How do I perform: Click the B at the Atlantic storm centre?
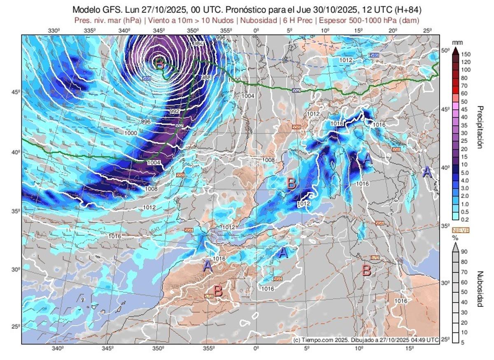coord(160,63)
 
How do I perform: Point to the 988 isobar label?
coord(206,77)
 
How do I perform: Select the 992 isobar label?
coord(175,111)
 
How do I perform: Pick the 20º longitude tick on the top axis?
coord(392,30)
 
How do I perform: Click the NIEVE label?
coord(461,231)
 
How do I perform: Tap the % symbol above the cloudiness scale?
coord(455,238)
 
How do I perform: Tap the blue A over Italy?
coord(368,158)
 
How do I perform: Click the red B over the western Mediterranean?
coord(291,183)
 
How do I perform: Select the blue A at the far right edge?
coord(427,171)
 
